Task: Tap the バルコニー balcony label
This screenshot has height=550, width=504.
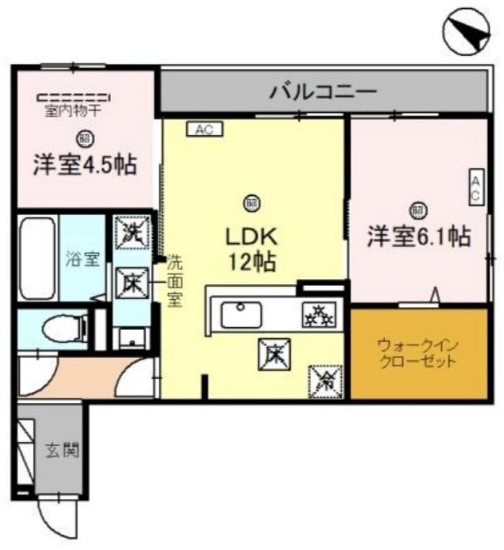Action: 323,91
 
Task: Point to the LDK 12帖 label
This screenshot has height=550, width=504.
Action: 252,249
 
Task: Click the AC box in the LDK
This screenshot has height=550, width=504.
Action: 204,129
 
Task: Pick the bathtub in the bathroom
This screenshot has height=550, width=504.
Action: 37,258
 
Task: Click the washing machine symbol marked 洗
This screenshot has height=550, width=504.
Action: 131,230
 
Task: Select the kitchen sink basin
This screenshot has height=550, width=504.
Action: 240,316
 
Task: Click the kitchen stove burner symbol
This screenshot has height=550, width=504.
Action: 317,316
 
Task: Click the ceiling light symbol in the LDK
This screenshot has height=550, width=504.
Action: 252,202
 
